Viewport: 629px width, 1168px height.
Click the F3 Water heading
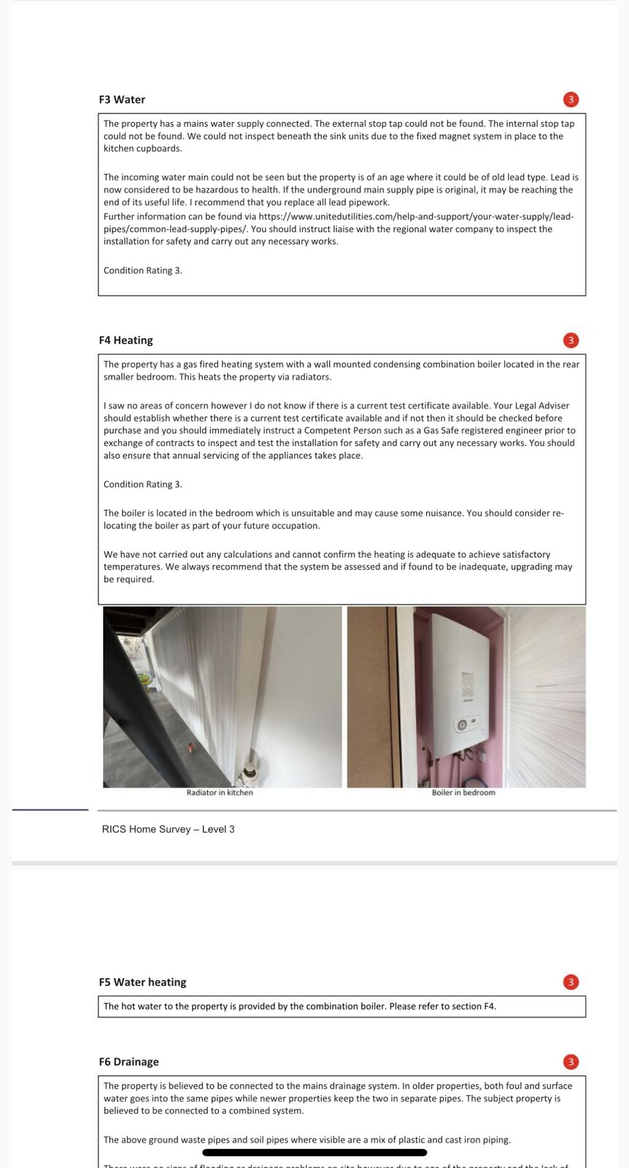(122, 100)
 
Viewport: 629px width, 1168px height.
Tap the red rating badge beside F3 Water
(571, 100)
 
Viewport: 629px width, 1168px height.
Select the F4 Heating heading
(126, 340)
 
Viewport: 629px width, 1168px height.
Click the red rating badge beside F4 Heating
(571, 340)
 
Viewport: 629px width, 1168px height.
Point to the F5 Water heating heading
(142, 983)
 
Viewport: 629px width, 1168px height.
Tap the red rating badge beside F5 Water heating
(571, 983)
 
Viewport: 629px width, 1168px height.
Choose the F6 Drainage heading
(128, 1062)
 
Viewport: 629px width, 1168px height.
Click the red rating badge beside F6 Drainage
(571, 1062)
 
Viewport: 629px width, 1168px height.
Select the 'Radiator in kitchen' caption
(220, 793)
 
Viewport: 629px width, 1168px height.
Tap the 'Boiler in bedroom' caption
(463, 793)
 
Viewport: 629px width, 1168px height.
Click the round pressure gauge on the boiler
(461, 725)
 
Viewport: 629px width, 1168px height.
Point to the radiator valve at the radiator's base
(250, 771)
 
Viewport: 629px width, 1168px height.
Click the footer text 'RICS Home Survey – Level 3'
(168, 829)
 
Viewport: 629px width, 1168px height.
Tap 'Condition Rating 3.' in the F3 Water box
(143, 271)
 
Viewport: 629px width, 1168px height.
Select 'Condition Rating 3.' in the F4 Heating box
(143, 485)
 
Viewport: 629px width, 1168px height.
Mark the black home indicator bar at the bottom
(314, 1153)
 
